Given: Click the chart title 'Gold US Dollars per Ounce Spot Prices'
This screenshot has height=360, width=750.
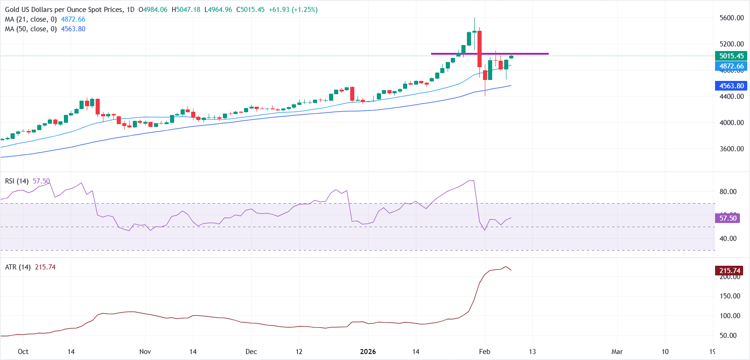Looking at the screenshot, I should pos(64,10).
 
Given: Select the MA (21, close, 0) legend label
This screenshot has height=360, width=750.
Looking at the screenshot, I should pos(31,19).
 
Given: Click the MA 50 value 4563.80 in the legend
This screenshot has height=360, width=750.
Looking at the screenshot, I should pos(73,29).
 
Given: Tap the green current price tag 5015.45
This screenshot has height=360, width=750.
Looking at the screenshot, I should pos(731,56).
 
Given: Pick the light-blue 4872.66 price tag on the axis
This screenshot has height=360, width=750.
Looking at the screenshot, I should pos(731,66).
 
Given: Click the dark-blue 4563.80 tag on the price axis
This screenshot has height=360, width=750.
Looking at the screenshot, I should pos(731,86).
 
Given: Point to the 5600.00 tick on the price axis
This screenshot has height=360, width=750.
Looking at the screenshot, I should pos(731,18).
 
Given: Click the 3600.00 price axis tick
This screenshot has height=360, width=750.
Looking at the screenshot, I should pos(731,149).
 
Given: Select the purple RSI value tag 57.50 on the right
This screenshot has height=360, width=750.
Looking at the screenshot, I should pos(727,218).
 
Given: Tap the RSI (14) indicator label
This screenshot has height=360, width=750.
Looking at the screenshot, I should pos(17,181).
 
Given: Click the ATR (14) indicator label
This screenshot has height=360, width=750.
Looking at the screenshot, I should pos(17,267).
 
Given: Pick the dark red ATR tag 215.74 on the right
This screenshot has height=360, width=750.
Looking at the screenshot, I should pos(730,271).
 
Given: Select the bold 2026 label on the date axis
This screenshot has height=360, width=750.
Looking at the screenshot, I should pos(368,352).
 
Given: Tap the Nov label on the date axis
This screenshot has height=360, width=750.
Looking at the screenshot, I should pos(145,352).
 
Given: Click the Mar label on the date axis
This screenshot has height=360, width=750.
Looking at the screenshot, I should pos(617,352).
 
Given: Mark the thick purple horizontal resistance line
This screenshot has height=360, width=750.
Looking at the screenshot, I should pos(489,54).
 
